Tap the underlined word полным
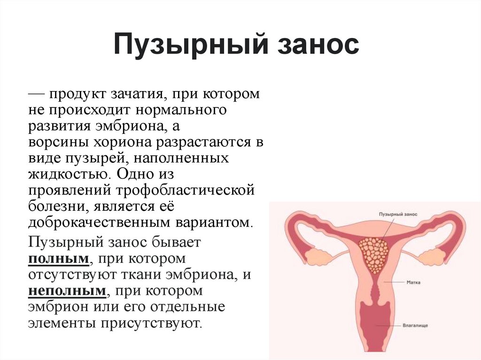coord(59,259)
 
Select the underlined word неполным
coord(68,291)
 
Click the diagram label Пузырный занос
coord(398,214)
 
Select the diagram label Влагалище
coord(415,325)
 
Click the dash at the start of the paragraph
coord(36,94)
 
